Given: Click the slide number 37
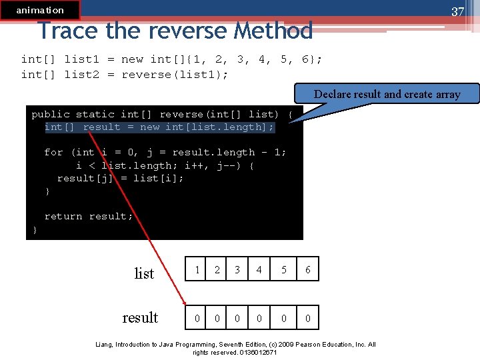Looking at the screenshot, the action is [x=457, y=11].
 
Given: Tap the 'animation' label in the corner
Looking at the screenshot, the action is [x=40, y=10].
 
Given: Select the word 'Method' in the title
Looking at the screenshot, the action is [x=273, y=31].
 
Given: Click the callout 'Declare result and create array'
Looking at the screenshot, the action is [x=387, y=94].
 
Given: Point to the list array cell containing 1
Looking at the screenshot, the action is [x=197, y=270].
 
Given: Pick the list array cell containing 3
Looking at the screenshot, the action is [x=237, y=270].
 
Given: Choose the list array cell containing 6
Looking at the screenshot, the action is [x=307, y=270].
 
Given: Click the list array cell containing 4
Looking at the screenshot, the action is [x=259, y=270].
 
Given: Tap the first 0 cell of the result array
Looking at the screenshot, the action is [x=197, y=318].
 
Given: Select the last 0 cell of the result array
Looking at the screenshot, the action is [x=307, y=318].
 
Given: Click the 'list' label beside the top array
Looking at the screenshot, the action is [x=144, y=273].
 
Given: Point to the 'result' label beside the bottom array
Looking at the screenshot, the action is [x=140, y=317].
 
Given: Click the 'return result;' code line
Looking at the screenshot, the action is [x=89, y=216].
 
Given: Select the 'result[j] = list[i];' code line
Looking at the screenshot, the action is [x=121, y=178].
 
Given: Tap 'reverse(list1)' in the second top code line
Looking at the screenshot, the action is [x=175, y=74].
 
